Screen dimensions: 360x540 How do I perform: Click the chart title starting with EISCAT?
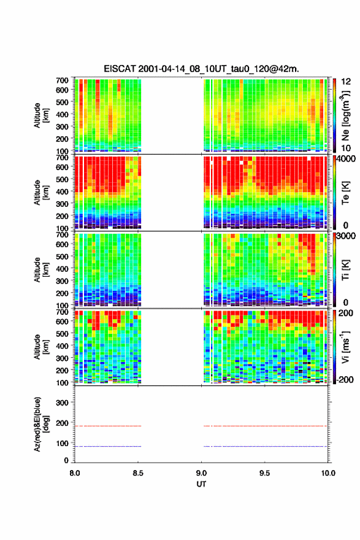coord(201,69)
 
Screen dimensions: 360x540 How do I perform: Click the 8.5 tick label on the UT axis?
coord(137,473)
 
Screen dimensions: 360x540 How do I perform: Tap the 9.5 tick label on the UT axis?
coord(264,473)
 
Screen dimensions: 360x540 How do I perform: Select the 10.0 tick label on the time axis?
coord(328,473)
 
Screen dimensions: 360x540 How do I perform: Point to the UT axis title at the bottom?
coord(201,484)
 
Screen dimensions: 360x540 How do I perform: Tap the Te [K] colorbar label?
coord(345,193)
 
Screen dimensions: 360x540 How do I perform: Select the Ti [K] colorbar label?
coord(345,269)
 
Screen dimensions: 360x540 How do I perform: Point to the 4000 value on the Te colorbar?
coord(346,160)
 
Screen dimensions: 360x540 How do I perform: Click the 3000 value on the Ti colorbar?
coord(346,236)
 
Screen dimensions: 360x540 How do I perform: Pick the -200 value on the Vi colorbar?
coord(345,379)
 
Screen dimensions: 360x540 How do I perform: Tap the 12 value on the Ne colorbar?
coord(347,82)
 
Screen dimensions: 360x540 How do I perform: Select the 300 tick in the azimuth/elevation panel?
coord(63,403)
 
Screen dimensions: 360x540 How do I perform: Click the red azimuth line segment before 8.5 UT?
coord(108,426)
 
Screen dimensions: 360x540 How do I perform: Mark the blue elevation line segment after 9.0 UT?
coord(266,446)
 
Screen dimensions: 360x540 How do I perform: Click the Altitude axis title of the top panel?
coord(41,115)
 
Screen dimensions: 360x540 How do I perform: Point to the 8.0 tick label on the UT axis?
coord(75,473)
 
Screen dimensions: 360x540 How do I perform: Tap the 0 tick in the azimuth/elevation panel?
coord(66,460)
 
